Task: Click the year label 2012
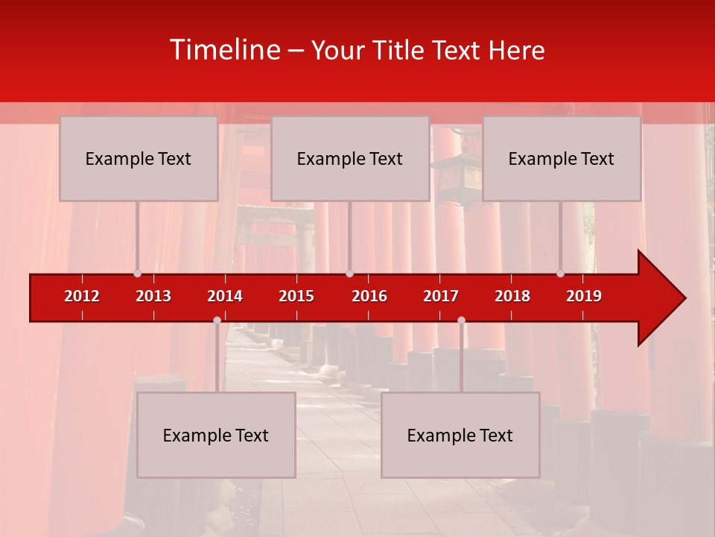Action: pyautogui.click(x=82, y=296)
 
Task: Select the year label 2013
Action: pyautogui.click(x=153, y=296)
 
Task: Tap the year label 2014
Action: pyautogui.click(x=225, y=296)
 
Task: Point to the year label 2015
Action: pyautogui.click(x=296, y=296)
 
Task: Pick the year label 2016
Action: pyautogui.click(x=369, y=296)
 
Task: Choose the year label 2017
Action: pyautogui.click(x=441, y=296)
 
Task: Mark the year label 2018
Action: pyautogui.click(x=512, y=296)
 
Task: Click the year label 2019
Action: pyautogui.click(x=584, y=296)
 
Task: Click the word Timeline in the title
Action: pyautogui.click(x=224, y=50)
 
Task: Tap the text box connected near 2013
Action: pyautogui.click(x=139, y=158)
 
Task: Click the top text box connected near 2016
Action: pyautogui.click(x=350, y=158)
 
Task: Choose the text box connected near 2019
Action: pyautogui.click(x=562, y=158)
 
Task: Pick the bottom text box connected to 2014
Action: pyautogui.click(x=216, y=435)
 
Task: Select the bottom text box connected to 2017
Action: pyautogui.click(x=460, y=435)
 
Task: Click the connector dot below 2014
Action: pyautogui.click(x=217, y=320)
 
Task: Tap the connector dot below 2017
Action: pyautogui.click(x=461, y=320)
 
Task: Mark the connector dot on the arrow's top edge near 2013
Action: pyautogui.click(x=137, y=273)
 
